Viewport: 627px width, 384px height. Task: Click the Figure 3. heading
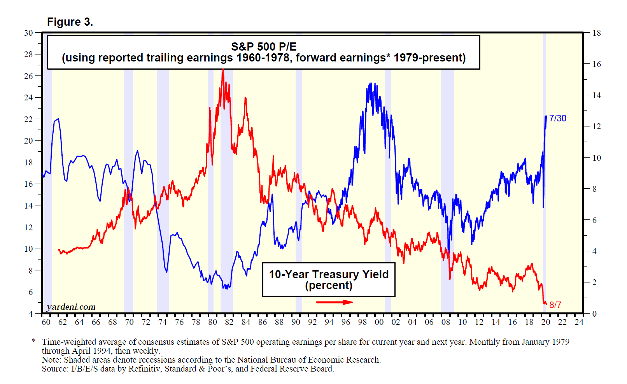click(70, 22)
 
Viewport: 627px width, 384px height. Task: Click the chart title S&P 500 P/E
click(264, 47)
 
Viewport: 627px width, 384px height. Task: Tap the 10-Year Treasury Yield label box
click(329, 279)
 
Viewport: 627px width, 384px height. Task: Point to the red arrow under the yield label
click(335, 302)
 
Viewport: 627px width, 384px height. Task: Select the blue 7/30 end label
click(557, 118)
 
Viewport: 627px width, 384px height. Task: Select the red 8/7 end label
click(555, 305)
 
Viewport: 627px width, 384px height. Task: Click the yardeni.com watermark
click(71, 307)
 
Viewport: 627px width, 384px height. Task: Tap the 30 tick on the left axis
click(28, 33)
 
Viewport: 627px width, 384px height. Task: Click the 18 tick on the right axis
click(596, 33)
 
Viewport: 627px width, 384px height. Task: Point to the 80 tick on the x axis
click(212, 322)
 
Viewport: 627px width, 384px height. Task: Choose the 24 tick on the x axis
click(579, 322)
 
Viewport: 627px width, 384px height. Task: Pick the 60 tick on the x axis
click(46, 322)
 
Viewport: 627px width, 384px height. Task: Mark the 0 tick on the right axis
click(594, 314)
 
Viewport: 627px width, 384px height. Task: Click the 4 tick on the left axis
click(30, 314)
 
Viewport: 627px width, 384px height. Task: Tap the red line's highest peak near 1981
click(223, 70)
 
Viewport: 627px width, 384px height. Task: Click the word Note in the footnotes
click(51, 360)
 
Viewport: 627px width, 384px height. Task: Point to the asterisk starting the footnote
click(34, 341)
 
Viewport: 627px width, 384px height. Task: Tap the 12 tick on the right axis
click(596, 126)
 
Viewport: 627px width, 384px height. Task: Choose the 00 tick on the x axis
click(379, 322)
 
